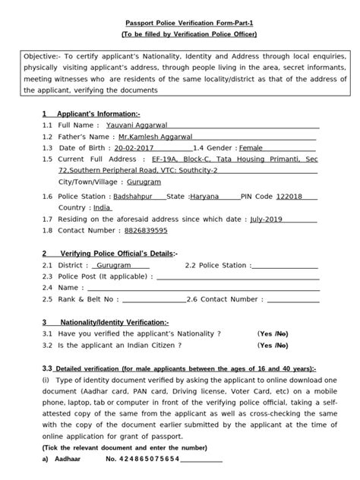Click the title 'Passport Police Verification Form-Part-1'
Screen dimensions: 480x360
(x=179, y=23)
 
